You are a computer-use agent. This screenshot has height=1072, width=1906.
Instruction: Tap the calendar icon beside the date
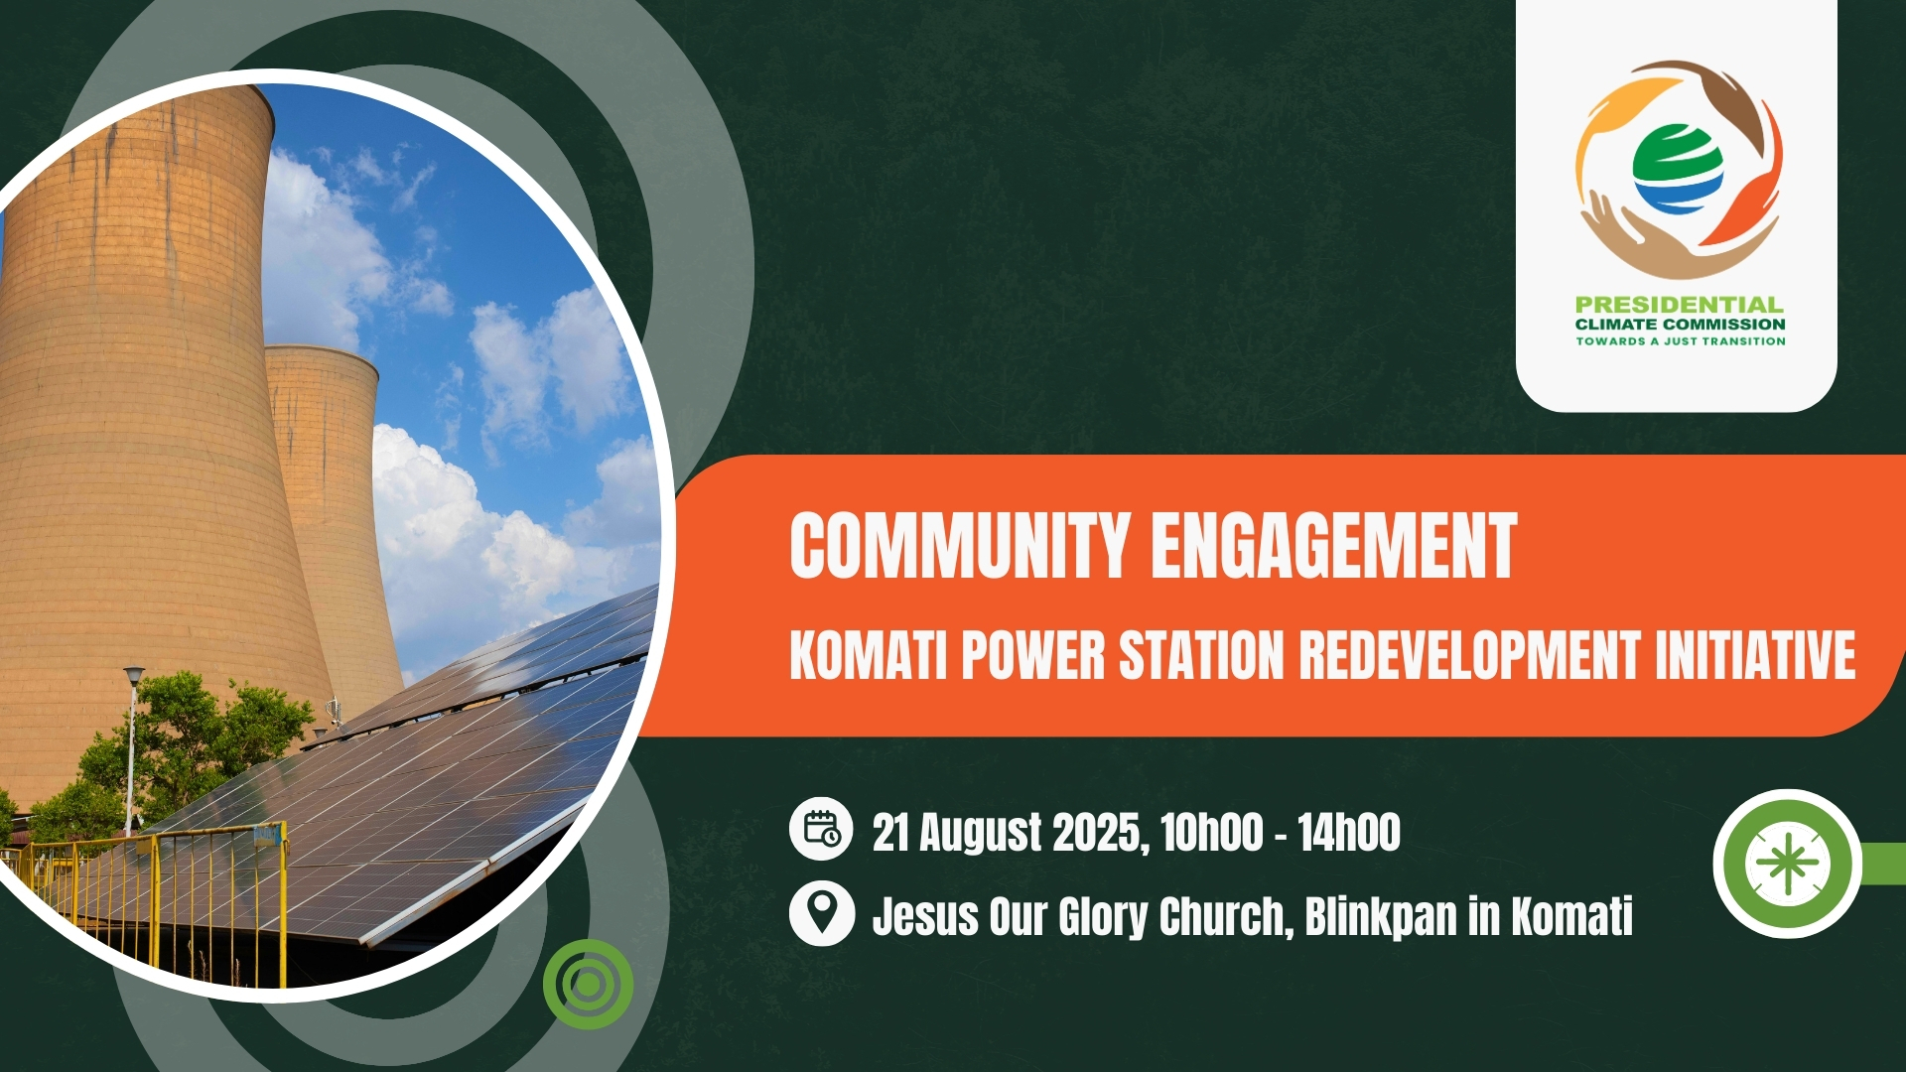(x=821, y=828)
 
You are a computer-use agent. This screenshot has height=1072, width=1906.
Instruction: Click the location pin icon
(x=821, y=913)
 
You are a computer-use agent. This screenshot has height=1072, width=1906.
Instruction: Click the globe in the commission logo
(x=1679, y=169)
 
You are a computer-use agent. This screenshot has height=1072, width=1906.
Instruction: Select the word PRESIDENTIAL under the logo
(x=1680, y=305)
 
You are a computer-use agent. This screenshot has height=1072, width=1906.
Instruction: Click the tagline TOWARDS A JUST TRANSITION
(x=1681, y=341)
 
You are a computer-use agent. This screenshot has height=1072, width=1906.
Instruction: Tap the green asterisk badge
(x=1788, y=863)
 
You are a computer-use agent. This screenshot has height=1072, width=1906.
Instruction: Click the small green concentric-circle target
(x=588, y=984)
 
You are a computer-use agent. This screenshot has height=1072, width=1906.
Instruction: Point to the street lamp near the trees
(x=132, y=749)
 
